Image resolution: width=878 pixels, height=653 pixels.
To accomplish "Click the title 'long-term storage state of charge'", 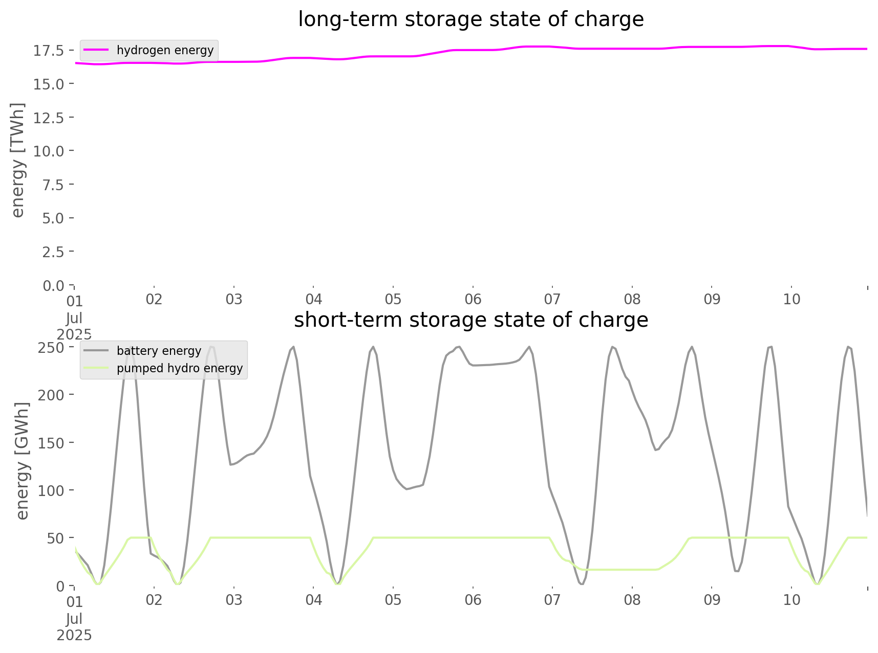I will [470, 19].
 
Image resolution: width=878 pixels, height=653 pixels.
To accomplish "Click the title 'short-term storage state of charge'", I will [470, 320].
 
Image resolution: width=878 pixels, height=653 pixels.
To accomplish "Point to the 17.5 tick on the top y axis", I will [49, 51].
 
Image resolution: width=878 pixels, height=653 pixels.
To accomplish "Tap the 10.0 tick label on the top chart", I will [49, 151].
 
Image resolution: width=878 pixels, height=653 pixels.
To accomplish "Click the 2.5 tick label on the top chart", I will [53, 252].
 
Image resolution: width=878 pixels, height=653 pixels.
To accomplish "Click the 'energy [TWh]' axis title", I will [18, 160].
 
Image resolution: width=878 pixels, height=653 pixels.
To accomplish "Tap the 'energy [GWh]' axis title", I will [23, 461].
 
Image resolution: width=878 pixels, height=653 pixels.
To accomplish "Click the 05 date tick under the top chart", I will [393, 300].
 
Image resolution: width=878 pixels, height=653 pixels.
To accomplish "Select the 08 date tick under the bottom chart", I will [632, 600].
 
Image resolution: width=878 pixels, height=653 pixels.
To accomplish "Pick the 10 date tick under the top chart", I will [791, 300].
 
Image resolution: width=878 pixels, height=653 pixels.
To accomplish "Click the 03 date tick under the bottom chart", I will [234, 600].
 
